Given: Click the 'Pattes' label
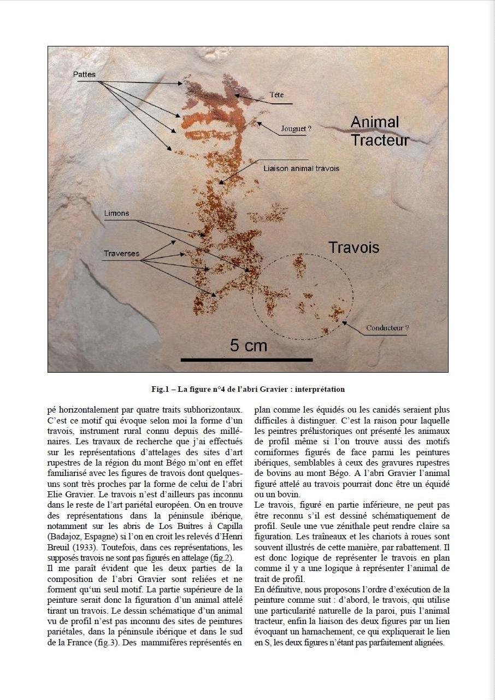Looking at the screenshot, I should [84, 74].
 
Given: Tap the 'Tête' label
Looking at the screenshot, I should [277, 95].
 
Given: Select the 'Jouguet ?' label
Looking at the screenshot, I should [296, 129].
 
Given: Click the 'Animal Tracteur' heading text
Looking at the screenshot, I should [379, 131].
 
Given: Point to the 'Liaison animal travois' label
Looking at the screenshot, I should [301, 168].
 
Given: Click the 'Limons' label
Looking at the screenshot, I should [117, 213].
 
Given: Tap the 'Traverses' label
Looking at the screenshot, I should [121, 254].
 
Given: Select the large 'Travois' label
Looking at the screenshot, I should [353, 248].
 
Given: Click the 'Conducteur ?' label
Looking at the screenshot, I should [387, 328].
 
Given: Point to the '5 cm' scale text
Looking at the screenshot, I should [249, 345].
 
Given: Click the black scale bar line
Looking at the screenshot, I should [246, 360].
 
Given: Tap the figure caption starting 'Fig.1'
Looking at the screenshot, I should [248, 390].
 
